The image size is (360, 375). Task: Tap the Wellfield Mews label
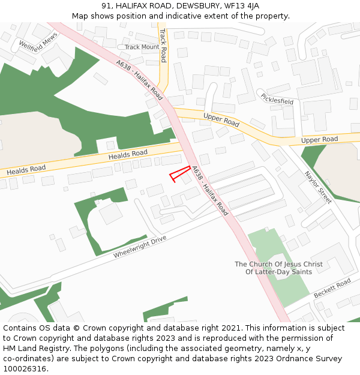point(37,41)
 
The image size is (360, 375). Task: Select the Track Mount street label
point(142,47)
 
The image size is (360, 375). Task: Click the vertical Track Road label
point(163,44)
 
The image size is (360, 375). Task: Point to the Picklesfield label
point(277,98)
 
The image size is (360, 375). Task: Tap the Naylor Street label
point(318,187)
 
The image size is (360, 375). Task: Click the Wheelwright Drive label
point(139,247)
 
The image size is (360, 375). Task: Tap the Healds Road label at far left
point(26,170)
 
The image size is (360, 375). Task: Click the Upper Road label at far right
point(319,140)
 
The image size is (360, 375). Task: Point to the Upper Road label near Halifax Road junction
point(221,120)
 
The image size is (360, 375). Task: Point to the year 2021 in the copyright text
point(232,328)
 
